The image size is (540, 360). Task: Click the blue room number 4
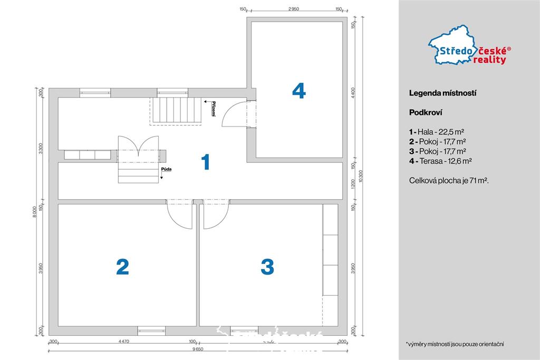tap(298, 91)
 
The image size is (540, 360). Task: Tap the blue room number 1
tap(206, 162)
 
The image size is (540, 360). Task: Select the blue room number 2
tap(122, 267)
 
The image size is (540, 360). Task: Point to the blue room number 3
tap(267, 267)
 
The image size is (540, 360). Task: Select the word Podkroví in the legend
tap(425, 112)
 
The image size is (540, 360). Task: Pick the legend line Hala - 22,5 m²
tap(436, 132)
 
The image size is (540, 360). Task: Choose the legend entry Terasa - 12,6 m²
tap(440, 161)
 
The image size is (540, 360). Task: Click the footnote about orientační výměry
tap(455, 344)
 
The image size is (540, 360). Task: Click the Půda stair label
tap(167, 169)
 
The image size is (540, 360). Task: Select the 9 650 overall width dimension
tap(198, 349)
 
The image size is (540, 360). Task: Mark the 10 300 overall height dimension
tap(361, 176)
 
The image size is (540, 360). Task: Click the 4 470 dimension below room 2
tap(123, 342)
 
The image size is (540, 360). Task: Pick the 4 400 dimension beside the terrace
tap(353, 91)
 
